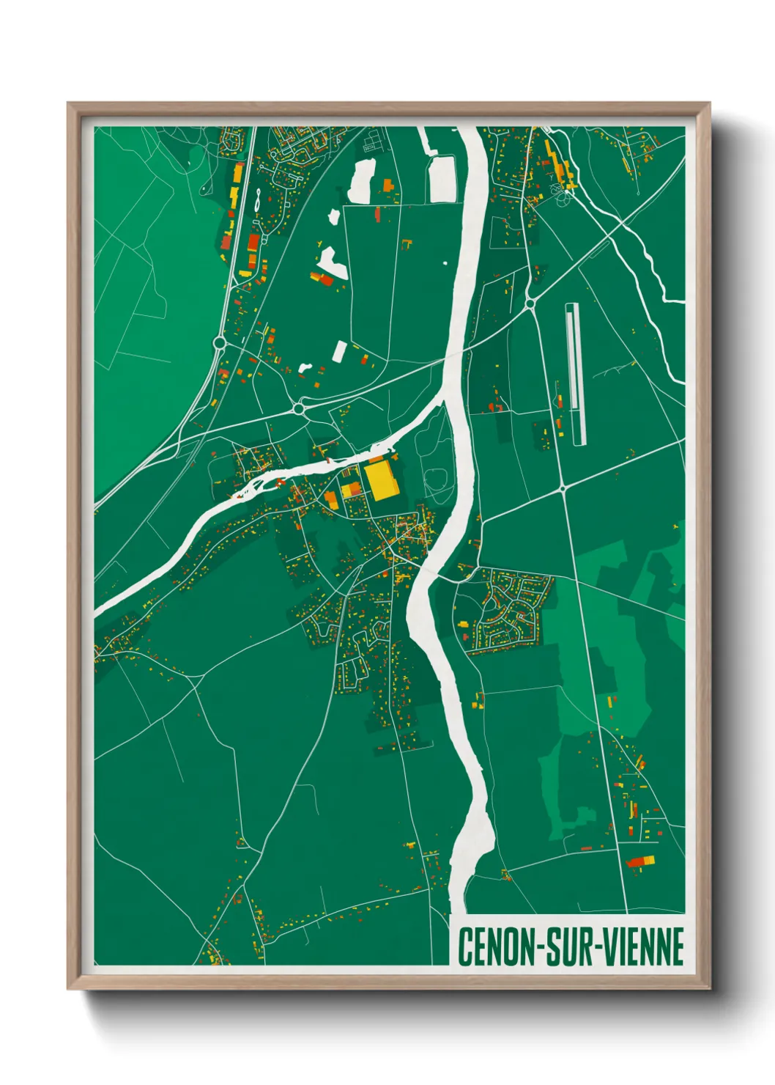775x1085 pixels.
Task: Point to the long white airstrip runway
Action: pyautogui.click(x=576, y=374)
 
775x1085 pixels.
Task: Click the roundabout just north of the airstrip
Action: pyautogui.click(x=530, y=302)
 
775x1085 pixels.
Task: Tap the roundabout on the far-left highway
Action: pyautogui.click(x=219, y=342)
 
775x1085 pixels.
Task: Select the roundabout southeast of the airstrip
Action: pyautogui.click(x=563, y=488)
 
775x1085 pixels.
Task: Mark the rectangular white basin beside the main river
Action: pyautogui.click(x=442, y=178)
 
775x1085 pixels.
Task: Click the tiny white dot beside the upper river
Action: pyautogui.click(x=445, y=262)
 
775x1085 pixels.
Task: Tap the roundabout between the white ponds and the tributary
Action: pyautogui.click(x=298, y=408)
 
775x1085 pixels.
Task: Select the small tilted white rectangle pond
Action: pyautogui.click(x=339, y=351)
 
